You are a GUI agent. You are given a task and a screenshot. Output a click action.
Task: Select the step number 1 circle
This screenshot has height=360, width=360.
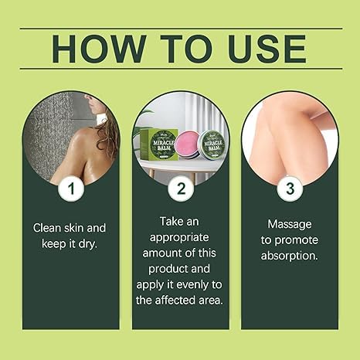[71, 188]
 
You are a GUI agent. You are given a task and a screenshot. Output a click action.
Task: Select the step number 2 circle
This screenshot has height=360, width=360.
[180, 188]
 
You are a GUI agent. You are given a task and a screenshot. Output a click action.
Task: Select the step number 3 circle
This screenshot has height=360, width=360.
[289, 188]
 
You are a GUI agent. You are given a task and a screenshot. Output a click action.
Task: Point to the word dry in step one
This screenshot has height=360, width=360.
[96, 245]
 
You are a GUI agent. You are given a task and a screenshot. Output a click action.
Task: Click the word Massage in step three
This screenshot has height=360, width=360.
[289, 223]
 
